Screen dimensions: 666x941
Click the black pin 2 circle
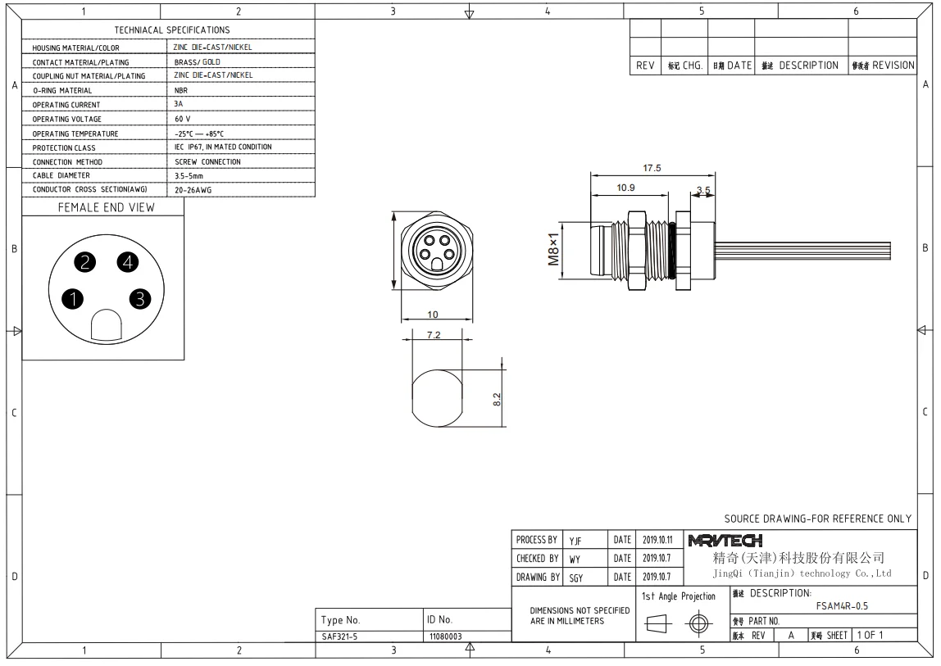tap(85, 262)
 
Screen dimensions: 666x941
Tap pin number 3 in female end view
tap(140, 298)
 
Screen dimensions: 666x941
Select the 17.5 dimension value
tap(652, 169)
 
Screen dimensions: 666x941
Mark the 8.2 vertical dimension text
tap(496, 400)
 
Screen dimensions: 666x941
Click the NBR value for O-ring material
tap(181, 90)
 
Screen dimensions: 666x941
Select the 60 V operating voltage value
tap(182, 119)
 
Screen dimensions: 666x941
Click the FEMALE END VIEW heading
tap(106, 208)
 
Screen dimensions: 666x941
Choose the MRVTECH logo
tap(725, 541)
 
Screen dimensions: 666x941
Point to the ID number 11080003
tap(446, 636)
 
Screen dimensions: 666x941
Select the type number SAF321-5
tap(339, 636)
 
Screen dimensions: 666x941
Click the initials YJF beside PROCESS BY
tap(576, 541)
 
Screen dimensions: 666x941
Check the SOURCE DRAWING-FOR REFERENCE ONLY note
tap(817, 519)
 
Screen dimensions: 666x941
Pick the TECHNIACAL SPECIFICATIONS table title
tap(172, 30)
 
